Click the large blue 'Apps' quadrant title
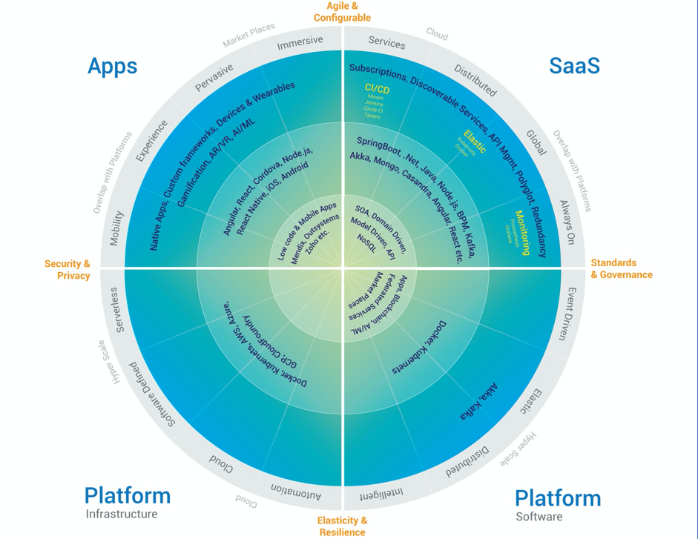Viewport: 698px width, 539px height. click(112, 66)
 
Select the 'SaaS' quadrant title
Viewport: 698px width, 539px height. click(574, 66)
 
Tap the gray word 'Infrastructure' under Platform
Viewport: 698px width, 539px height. click(122, 515)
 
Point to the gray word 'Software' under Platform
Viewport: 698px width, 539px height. click(539, 517)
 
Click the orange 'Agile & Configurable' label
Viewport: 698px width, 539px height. click(342, 12)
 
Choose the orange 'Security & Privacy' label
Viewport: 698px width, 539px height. click(68, 270)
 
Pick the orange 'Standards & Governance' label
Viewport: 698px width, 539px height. click(621, 269)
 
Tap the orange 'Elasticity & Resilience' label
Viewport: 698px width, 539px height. click(342, 526)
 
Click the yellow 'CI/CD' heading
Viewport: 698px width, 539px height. click(377, 89)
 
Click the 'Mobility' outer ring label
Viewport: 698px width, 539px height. click(116, 228)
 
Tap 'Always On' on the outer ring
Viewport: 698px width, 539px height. click(567, 222)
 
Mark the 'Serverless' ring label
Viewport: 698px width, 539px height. click(117, 310)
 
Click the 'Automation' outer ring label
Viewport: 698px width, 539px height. click(296, 492)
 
